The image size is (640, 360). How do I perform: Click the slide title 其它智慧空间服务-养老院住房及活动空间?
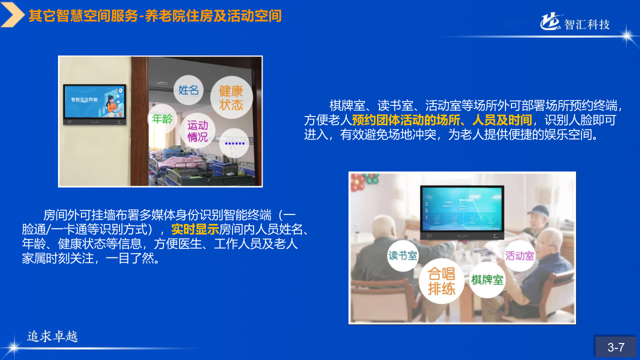point(155,16)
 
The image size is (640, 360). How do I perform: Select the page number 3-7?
point(616,347)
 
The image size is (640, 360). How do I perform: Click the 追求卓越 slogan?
point(52,336)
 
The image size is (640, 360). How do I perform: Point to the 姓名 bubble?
point(188,90)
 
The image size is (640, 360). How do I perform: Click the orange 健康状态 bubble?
point(231,98)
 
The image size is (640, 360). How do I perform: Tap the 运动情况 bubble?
point(197,131)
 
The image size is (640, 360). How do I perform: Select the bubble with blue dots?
point(234,143)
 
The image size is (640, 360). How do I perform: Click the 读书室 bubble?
point(403,255)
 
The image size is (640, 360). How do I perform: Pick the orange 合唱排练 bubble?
point(441,281)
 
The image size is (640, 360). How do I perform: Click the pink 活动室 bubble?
point(519,256)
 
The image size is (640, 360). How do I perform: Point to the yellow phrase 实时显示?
point(195,230)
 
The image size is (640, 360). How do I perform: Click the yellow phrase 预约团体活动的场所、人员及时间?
point(442,120)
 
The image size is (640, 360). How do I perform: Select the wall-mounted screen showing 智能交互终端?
point(94,104)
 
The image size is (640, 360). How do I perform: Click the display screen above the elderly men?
point(462,211)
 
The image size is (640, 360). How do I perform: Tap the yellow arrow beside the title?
point(12,15)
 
